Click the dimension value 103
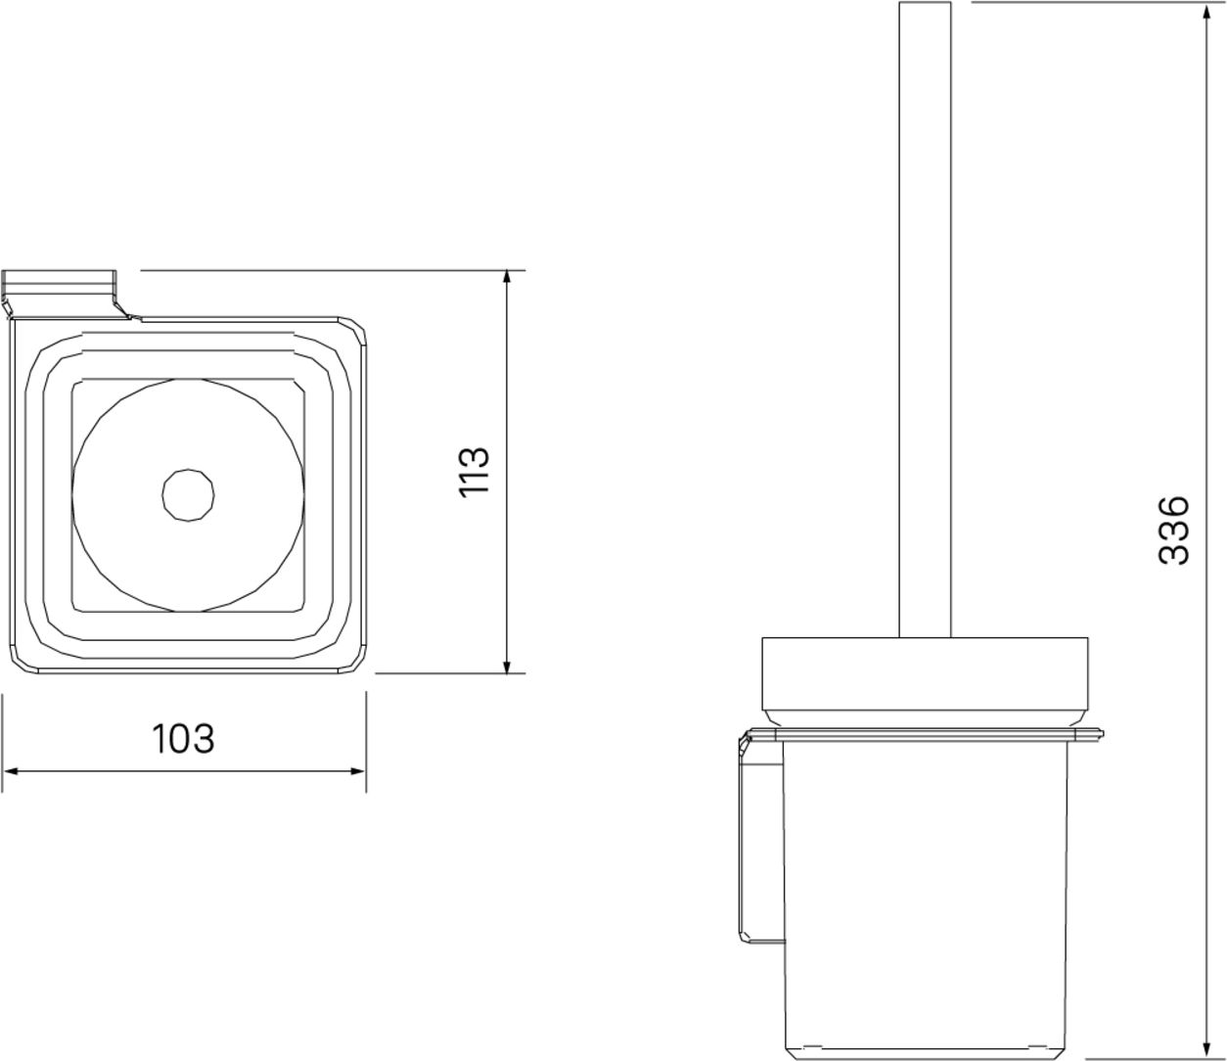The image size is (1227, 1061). [x=183, y=738]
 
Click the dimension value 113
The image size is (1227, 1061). [x=475, y=472]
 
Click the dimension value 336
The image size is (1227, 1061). [x=1173, y=530]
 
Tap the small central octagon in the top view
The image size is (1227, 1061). [x=188, y=495]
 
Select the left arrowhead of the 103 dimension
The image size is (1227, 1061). [x=12, y=771]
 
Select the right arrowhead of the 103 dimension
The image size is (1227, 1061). [x=356, y=771]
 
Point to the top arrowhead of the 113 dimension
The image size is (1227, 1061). [x=506, y=280]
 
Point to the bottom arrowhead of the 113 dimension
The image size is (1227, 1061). [x=506, y=665]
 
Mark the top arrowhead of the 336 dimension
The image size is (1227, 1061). [x=1206, y=12]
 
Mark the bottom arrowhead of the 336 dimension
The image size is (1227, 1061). [x=1206, y=1048]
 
